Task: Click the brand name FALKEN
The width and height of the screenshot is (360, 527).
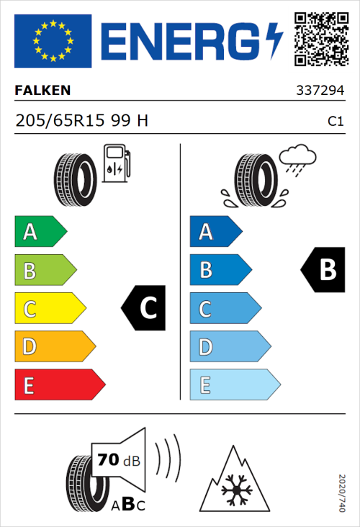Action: click(42, 91)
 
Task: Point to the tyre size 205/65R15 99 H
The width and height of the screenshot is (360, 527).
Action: click(81, 121)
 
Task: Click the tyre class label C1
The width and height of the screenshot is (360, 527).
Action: click(335, 122)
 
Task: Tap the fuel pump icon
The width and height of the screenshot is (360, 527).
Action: click(117, 163)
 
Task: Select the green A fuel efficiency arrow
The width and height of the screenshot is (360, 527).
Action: click(40, 232)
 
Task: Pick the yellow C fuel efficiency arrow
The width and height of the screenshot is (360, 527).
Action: click(49, 308)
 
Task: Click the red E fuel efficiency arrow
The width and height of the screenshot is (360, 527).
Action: click(59, 385)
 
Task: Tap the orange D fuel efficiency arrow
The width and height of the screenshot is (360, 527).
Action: click(54, 347)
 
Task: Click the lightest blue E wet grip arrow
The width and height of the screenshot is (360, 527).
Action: click(234, 385)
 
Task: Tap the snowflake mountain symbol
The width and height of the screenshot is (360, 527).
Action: click(233, 482)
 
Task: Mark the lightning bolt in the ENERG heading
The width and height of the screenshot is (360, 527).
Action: click(274, 41)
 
